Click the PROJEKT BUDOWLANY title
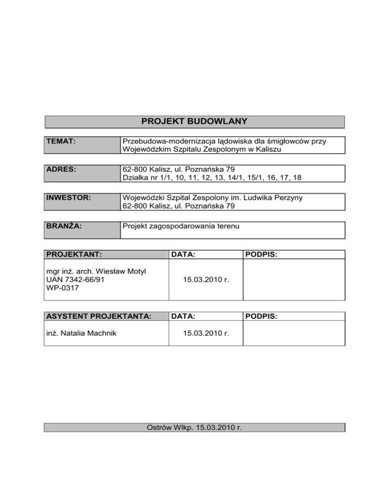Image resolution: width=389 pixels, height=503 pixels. click(x=194, y=121)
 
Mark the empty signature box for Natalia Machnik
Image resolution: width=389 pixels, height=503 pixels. click(x=294, y=333)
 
